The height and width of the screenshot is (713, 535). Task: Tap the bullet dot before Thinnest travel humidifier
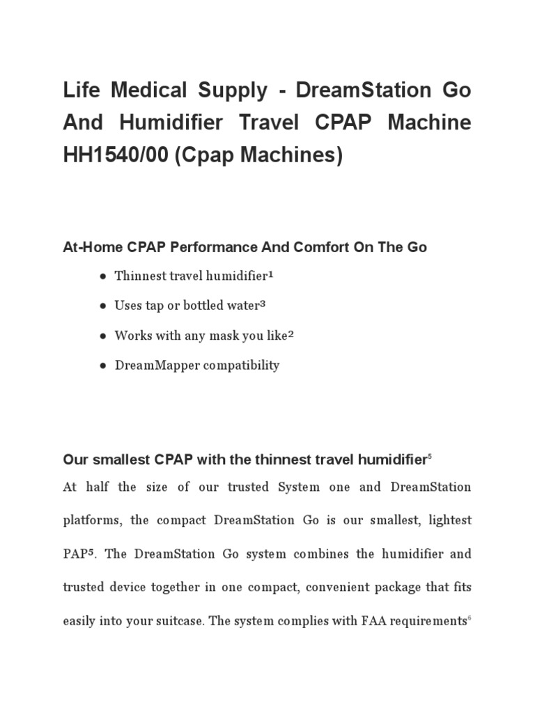click(103, 276)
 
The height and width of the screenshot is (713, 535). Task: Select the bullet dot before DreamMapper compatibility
click(103, 366)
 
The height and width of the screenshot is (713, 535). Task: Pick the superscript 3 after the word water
click(263, 304)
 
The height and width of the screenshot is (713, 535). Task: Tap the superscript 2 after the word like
click(290, 334)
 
